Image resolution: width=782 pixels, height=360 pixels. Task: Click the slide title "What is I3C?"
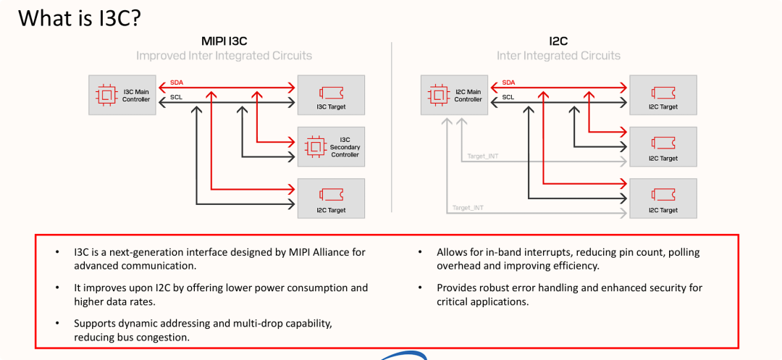[80, 18]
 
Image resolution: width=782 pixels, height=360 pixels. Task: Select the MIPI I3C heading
[224, 41]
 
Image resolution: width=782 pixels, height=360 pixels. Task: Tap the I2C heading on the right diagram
[558, 41]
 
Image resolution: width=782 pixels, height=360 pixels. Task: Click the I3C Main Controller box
[122, 95]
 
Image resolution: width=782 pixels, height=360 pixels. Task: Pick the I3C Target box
[331, 95]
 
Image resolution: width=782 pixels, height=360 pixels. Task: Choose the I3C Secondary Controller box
[331, 146]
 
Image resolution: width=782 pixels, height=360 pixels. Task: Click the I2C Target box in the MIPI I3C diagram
[331, 198]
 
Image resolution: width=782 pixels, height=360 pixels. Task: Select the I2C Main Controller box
[454, 95]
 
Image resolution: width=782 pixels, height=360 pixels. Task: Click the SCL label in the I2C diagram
[508, 97]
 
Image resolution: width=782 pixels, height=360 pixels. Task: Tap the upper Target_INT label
[483, 156]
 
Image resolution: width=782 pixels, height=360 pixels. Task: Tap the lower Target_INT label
[468, 207]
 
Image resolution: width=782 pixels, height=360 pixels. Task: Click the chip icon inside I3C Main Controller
[105, 95]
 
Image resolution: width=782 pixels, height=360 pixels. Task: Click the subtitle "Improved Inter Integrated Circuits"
[224, 55]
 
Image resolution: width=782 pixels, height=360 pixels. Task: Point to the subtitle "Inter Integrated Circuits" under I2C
[558, 55]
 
